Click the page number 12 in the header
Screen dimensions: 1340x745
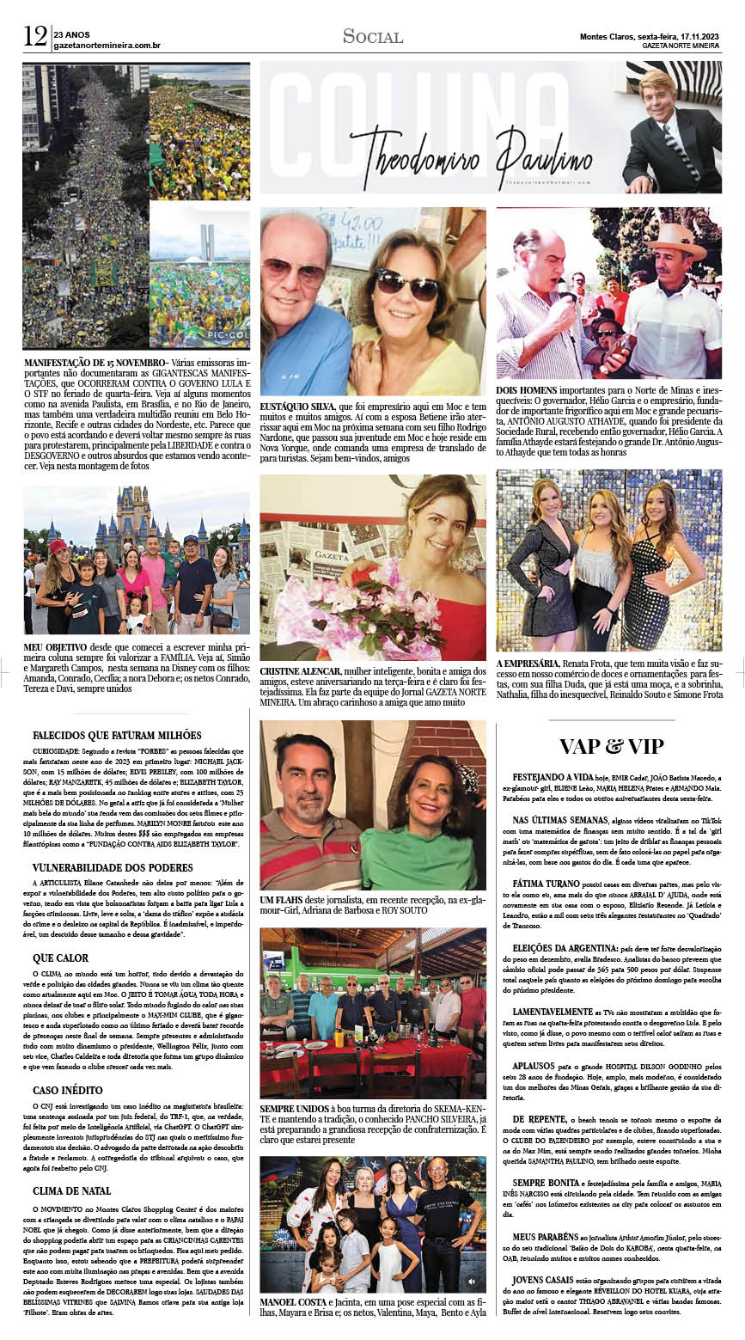35,36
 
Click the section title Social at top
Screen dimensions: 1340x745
372,36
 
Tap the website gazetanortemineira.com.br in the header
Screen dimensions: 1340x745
107,45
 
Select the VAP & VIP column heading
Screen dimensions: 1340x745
611,745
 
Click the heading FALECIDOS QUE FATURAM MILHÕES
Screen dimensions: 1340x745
117,736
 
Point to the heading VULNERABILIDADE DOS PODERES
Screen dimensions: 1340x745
113,868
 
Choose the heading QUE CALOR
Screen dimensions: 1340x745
60,958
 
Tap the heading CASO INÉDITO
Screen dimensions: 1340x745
69,1090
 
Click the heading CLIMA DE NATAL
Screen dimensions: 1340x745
71,1191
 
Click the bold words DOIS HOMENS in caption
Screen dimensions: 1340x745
527,390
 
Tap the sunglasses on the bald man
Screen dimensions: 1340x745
295,271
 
